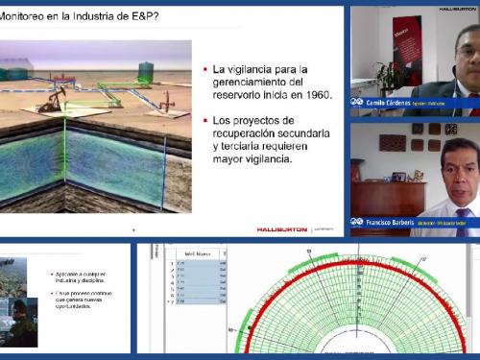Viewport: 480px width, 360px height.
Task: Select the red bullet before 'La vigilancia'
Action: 204,70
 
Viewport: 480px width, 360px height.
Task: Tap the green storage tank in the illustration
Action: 146,71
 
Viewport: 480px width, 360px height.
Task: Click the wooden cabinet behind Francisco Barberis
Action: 390,197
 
